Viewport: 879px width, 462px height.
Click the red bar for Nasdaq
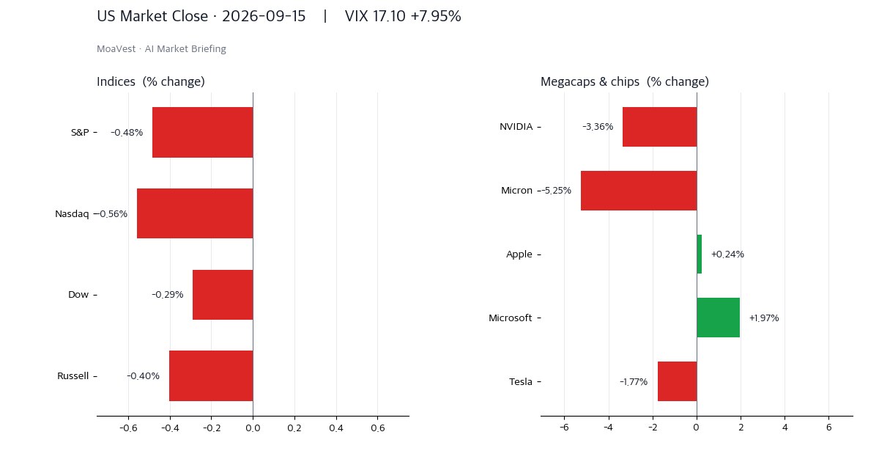point(195,213)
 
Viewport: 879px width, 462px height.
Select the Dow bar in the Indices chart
point(223,295)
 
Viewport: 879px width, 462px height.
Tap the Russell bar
point(211,376)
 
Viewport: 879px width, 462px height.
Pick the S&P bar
point(203,133)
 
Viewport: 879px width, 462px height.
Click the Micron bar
point(639,191)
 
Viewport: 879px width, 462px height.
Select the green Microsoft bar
point(718,318)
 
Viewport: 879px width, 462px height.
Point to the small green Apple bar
point(700,254)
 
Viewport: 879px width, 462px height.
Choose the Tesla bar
point(678,381)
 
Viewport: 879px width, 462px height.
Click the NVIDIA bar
point(660,127)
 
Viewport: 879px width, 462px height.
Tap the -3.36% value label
point(598,127)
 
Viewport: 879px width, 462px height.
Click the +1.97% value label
point(764,318)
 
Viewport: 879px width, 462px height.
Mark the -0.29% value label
point(168,295)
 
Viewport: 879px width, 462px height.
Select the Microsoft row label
point(510,318)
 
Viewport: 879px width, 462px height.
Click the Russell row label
point(73,376)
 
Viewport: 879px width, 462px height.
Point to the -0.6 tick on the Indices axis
point(128,428)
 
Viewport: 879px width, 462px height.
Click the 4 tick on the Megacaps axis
point(785,428)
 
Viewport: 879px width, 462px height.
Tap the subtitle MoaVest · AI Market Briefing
point(161,48)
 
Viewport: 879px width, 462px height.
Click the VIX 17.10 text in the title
point(375,16)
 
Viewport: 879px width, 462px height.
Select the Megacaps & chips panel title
point(625,81)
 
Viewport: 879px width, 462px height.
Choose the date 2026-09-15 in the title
point(264,16)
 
